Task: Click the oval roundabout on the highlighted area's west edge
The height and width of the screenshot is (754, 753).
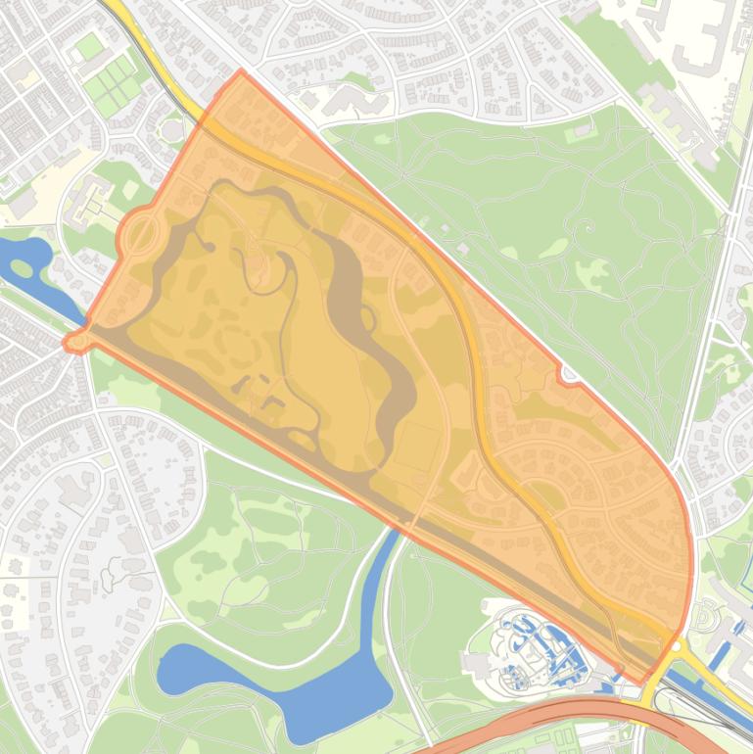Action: pyautogui.click(x=140, y=234)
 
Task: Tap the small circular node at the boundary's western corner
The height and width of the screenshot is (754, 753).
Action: pyautogui.click(x=73, y=342)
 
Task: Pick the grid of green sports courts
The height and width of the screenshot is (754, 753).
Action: pyautogui.click(x=113, y=83)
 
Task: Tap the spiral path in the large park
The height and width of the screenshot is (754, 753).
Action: pyautogui.click(x=587, y=227)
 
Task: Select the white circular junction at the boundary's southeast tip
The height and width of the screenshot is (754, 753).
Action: pyautogui.click(x=674, y=646)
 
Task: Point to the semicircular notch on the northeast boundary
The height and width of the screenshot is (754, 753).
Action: pyautogui.click(x=567, y=373)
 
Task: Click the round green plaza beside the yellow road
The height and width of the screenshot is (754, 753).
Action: pyautogui.click(x=172, y=128)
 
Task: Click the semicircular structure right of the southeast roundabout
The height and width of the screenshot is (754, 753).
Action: pyautogui.click(x=705, y=617)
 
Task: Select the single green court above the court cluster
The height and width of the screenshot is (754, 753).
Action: pyautogui.click(x=89, y=46)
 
